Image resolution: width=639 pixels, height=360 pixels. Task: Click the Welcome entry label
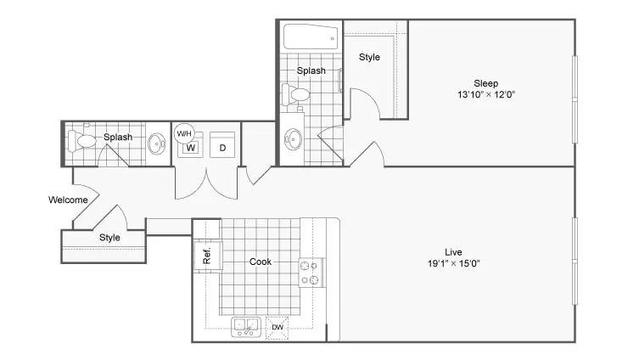click(x=68, y=200)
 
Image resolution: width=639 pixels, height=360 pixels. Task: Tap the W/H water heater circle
click(x=184, y=133)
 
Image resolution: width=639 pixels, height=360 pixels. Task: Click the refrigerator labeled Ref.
click(x=207, y=256)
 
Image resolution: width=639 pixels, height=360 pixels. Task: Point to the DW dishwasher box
click(x=277, y=328)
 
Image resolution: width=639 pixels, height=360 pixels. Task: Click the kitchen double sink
click(x=246, y=328)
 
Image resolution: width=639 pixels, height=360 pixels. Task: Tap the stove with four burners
click(x=311, y=273)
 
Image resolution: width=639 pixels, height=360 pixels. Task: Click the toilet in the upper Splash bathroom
click(x=296, y=94)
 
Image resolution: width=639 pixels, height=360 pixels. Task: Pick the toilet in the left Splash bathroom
click(x=82, y=141)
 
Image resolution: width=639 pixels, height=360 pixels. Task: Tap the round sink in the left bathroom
click(x=156, y=144)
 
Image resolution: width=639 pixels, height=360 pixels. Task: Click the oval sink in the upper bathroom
click(x=293, y=139)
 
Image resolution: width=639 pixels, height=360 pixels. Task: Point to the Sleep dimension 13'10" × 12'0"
click(x=486, y=94)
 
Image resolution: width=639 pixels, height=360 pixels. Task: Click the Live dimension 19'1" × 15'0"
click(x=453, y=263)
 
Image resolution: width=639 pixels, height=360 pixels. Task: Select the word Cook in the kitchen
click(x=261, y=262)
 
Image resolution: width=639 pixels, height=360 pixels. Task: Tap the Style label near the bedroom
click(x=370, y=57)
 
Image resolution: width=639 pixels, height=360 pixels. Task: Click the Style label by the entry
click(x=109, y=237)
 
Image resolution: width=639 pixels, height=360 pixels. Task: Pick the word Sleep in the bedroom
click(x=486, y=83)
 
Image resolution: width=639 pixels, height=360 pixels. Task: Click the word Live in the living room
click(x=453, y=252)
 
